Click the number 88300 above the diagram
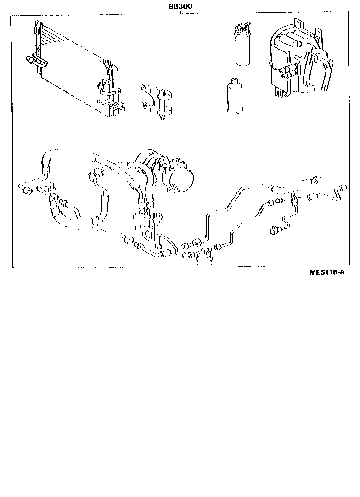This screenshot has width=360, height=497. point(180,6)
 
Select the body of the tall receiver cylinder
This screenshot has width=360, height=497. point(243,49)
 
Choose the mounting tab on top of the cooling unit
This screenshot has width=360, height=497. point(298,23)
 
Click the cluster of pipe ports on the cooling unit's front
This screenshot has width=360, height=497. point(288,71)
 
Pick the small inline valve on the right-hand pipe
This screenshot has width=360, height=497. point(294,199)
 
